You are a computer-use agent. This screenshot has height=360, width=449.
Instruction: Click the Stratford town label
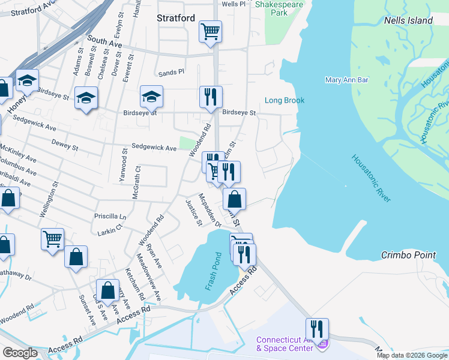pyautogui.click(x=176, y=18)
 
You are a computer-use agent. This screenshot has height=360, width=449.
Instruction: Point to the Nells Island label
pyautogui.click(x=408, y=20)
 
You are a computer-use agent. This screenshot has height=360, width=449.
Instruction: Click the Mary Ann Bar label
pyautogui.click(x=346, y=80)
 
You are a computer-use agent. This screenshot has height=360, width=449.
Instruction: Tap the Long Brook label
pyautogui.click(x=285, y=101)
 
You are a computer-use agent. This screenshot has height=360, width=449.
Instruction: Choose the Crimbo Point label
pyautogui.click(x=408, y=255)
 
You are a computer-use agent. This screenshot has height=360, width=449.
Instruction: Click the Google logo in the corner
pyautogui.click(x=20, y=352)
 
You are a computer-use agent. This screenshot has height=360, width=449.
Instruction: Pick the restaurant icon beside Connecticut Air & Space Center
pyautogui.click(x=317, y=328)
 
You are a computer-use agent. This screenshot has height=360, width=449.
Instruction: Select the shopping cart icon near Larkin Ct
pyautogui.click(x=52, y=238)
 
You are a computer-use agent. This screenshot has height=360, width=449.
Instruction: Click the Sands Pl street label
pyautogui.click(x=172, y=73)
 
